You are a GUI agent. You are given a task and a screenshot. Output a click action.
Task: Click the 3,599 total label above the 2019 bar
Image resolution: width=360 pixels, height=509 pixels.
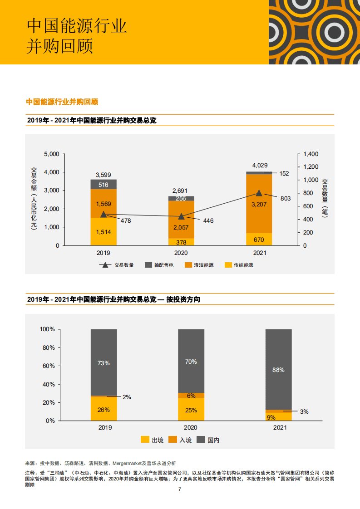point(104,175)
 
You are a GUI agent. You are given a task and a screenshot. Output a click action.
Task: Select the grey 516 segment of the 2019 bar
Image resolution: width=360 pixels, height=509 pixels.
point(104,185)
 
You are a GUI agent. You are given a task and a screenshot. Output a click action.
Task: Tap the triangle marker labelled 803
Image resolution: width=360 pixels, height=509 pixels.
point(259,193)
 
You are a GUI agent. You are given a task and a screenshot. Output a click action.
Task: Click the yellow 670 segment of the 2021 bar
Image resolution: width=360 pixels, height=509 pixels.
point(259,240)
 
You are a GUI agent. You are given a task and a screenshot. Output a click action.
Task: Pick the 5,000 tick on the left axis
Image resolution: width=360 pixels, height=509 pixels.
point(51,154)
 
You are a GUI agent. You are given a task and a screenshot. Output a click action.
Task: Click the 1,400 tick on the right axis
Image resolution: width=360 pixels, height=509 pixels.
point(311,154)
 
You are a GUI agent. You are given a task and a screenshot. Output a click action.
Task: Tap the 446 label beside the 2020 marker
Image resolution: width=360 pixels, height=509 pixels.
point(207,221)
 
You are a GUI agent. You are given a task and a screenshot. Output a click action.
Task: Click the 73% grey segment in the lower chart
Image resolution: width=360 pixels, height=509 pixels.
point(104,362)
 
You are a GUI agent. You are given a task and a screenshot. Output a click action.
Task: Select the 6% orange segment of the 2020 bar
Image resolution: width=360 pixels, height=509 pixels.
point(191,395)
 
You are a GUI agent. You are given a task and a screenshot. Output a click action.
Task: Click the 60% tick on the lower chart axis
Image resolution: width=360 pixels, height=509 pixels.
point(48,366)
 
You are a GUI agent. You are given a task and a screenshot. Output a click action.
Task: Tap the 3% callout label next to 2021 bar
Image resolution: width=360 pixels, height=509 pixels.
point(304,411)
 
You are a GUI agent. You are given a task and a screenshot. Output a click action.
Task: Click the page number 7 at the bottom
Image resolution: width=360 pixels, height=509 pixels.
point(180,489)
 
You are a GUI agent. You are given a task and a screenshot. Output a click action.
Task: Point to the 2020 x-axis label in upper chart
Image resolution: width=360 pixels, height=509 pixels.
point(181,253)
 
